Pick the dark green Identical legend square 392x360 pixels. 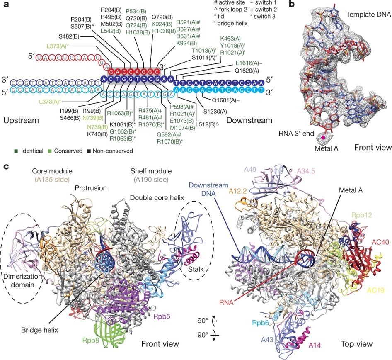(5, 151)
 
